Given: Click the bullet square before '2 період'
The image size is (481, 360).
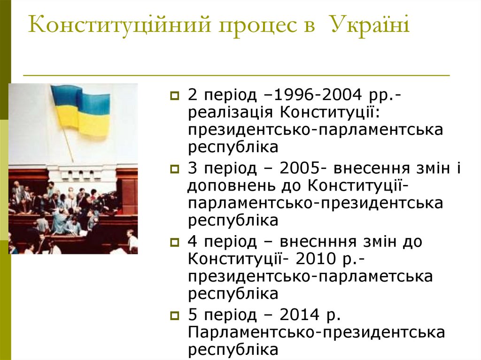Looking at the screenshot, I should (x=175, y=96).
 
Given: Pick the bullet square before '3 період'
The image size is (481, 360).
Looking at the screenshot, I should (x=175, y=168).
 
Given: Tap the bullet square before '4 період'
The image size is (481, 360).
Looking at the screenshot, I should (x=175, y=242).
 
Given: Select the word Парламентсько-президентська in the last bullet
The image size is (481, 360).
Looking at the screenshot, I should (x=317, y=332).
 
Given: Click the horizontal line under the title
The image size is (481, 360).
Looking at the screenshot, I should (x=237, y=76).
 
